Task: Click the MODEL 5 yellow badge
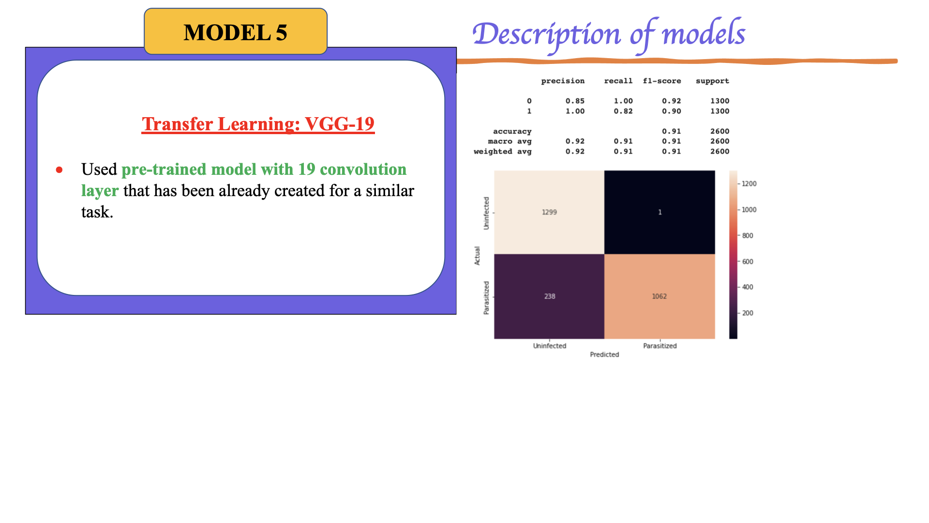pyautogui.click(x=236, y=32)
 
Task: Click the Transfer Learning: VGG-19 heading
pyautogui.click(x=258, y=124)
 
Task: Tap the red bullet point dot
pyautogui.click(x=59, y=169)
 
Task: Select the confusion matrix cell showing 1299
pyautogui.click(x=549, y=212)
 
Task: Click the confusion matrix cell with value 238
pyautogui.click(x=549, y=296)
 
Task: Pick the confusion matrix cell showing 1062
pyautogui.click(x=659, y=296)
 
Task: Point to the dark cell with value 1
pyautogui.click(x=659, y=212)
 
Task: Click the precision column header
pyautogui.click(x=562, y=81)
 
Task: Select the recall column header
pyautogui.click(x=618, y=81)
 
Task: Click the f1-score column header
pyautogui.click(x=661, y=81)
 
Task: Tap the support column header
pyautogui.click(x=712, y=81)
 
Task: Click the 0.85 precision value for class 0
pyautogui.click(x=575, y=101)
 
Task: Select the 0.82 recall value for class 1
pyautogui.click(x=623, y=111)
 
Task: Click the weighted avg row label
pyautogui.click(x=502, y=151)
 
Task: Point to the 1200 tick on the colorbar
pyautogui.click(x=749, y=184)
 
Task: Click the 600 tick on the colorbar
pyautogui.click(x=747, y=261)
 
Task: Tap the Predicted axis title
pyautogui.click(x=604, y=354)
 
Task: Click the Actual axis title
pyautogui.click(x=477, y=256)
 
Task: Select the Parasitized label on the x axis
pyautogui.click(x=659, y=346)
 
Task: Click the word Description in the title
pyautogui.click(x=546, y=35)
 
